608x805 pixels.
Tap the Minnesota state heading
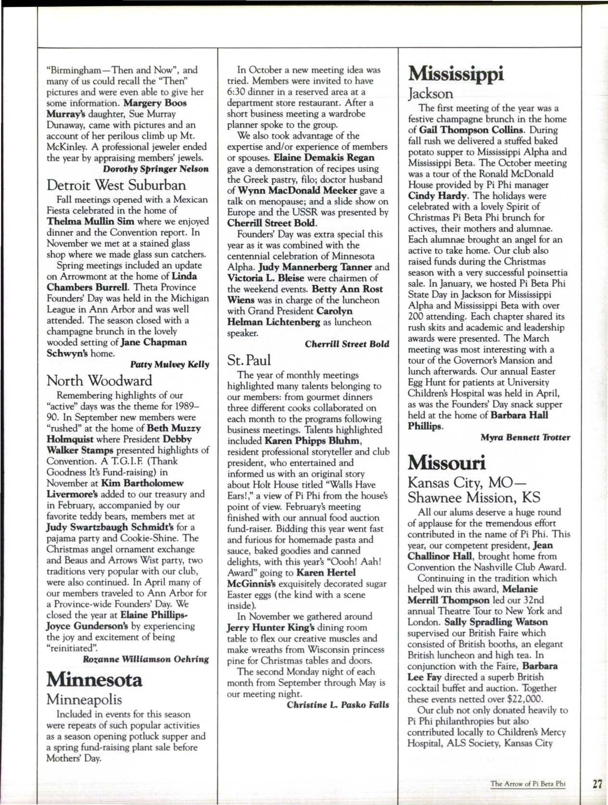94,679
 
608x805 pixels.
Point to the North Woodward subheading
99,381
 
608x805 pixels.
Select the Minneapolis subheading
84,699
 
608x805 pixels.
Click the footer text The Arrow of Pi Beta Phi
527,784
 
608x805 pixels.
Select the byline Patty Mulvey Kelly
170,364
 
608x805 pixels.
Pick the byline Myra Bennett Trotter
525,437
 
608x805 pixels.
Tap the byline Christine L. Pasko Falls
338,705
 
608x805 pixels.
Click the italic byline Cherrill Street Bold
347,344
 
